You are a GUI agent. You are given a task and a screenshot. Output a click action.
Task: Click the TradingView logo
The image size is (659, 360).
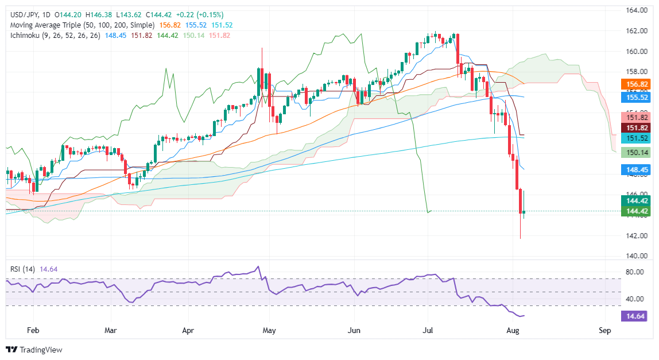point(34,349)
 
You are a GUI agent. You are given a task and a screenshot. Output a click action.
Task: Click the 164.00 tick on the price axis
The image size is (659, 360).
point(637,10)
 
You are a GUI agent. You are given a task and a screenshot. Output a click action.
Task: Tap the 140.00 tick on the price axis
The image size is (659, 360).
point(637,256)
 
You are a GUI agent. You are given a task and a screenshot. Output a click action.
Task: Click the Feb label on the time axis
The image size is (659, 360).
point(33,330)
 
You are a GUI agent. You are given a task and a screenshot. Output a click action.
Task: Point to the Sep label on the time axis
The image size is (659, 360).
point(604,330)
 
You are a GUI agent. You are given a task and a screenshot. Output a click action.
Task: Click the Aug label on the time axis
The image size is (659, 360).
point(514,330)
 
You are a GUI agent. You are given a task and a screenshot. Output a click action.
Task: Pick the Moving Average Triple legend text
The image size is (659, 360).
point(80,25)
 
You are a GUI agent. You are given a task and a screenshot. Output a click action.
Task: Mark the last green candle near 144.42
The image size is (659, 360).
point(524,212)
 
